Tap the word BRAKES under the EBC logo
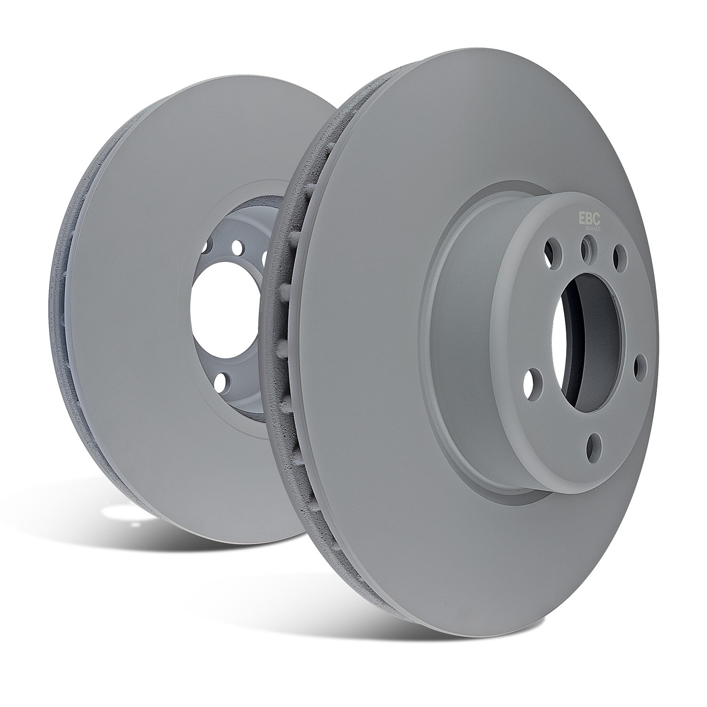[x=592, y=227]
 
